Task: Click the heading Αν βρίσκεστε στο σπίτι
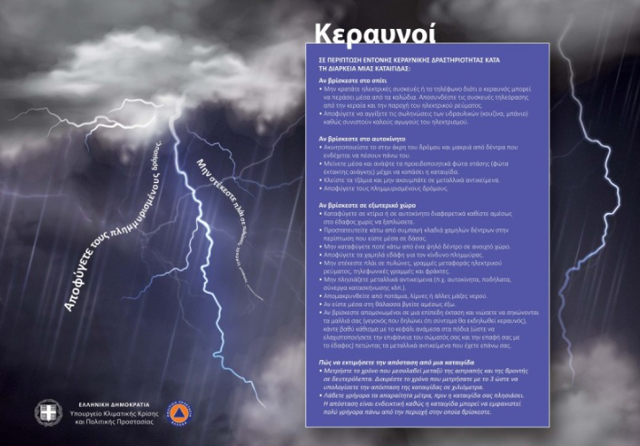coord(346,79)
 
